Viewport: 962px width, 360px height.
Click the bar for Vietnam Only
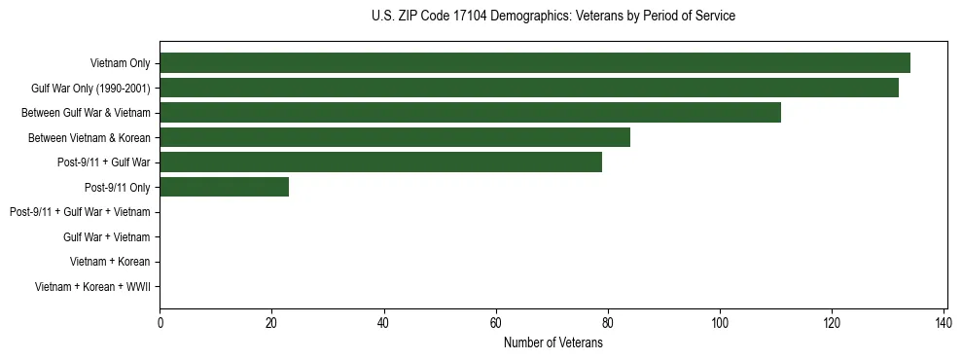[x=535, y=63]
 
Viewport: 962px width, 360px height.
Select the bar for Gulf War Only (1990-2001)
[x=529, y=88]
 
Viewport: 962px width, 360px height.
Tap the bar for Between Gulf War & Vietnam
[x=470, y=113]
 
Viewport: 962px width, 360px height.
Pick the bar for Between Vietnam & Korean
[x=395, y=137]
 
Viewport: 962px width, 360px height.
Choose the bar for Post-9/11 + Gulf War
[x=380, y=162]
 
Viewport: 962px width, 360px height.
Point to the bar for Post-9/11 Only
[x=224, y=187]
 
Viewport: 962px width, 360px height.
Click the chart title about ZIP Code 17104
[x=553, y=17]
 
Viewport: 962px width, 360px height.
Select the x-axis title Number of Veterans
[x=553, y=342]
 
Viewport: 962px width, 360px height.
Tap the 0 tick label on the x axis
[x=160, y=323]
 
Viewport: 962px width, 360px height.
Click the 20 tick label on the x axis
[x=271, y=323]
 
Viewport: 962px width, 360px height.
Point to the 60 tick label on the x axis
[x=496, y=323]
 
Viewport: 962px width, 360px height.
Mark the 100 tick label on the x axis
[x=720, y=323]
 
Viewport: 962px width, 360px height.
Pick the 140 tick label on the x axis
[x=944, y=323]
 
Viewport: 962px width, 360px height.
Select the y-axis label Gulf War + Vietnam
[x=106, y=237]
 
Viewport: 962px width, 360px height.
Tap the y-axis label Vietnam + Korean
[x=110, y=262]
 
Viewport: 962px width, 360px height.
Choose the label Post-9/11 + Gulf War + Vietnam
[x=80, y=212]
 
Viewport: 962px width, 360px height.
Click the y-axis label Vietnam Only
[x=120, y=63]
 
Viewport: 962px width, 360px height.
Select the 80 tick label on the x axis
[x=608, y=323]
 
